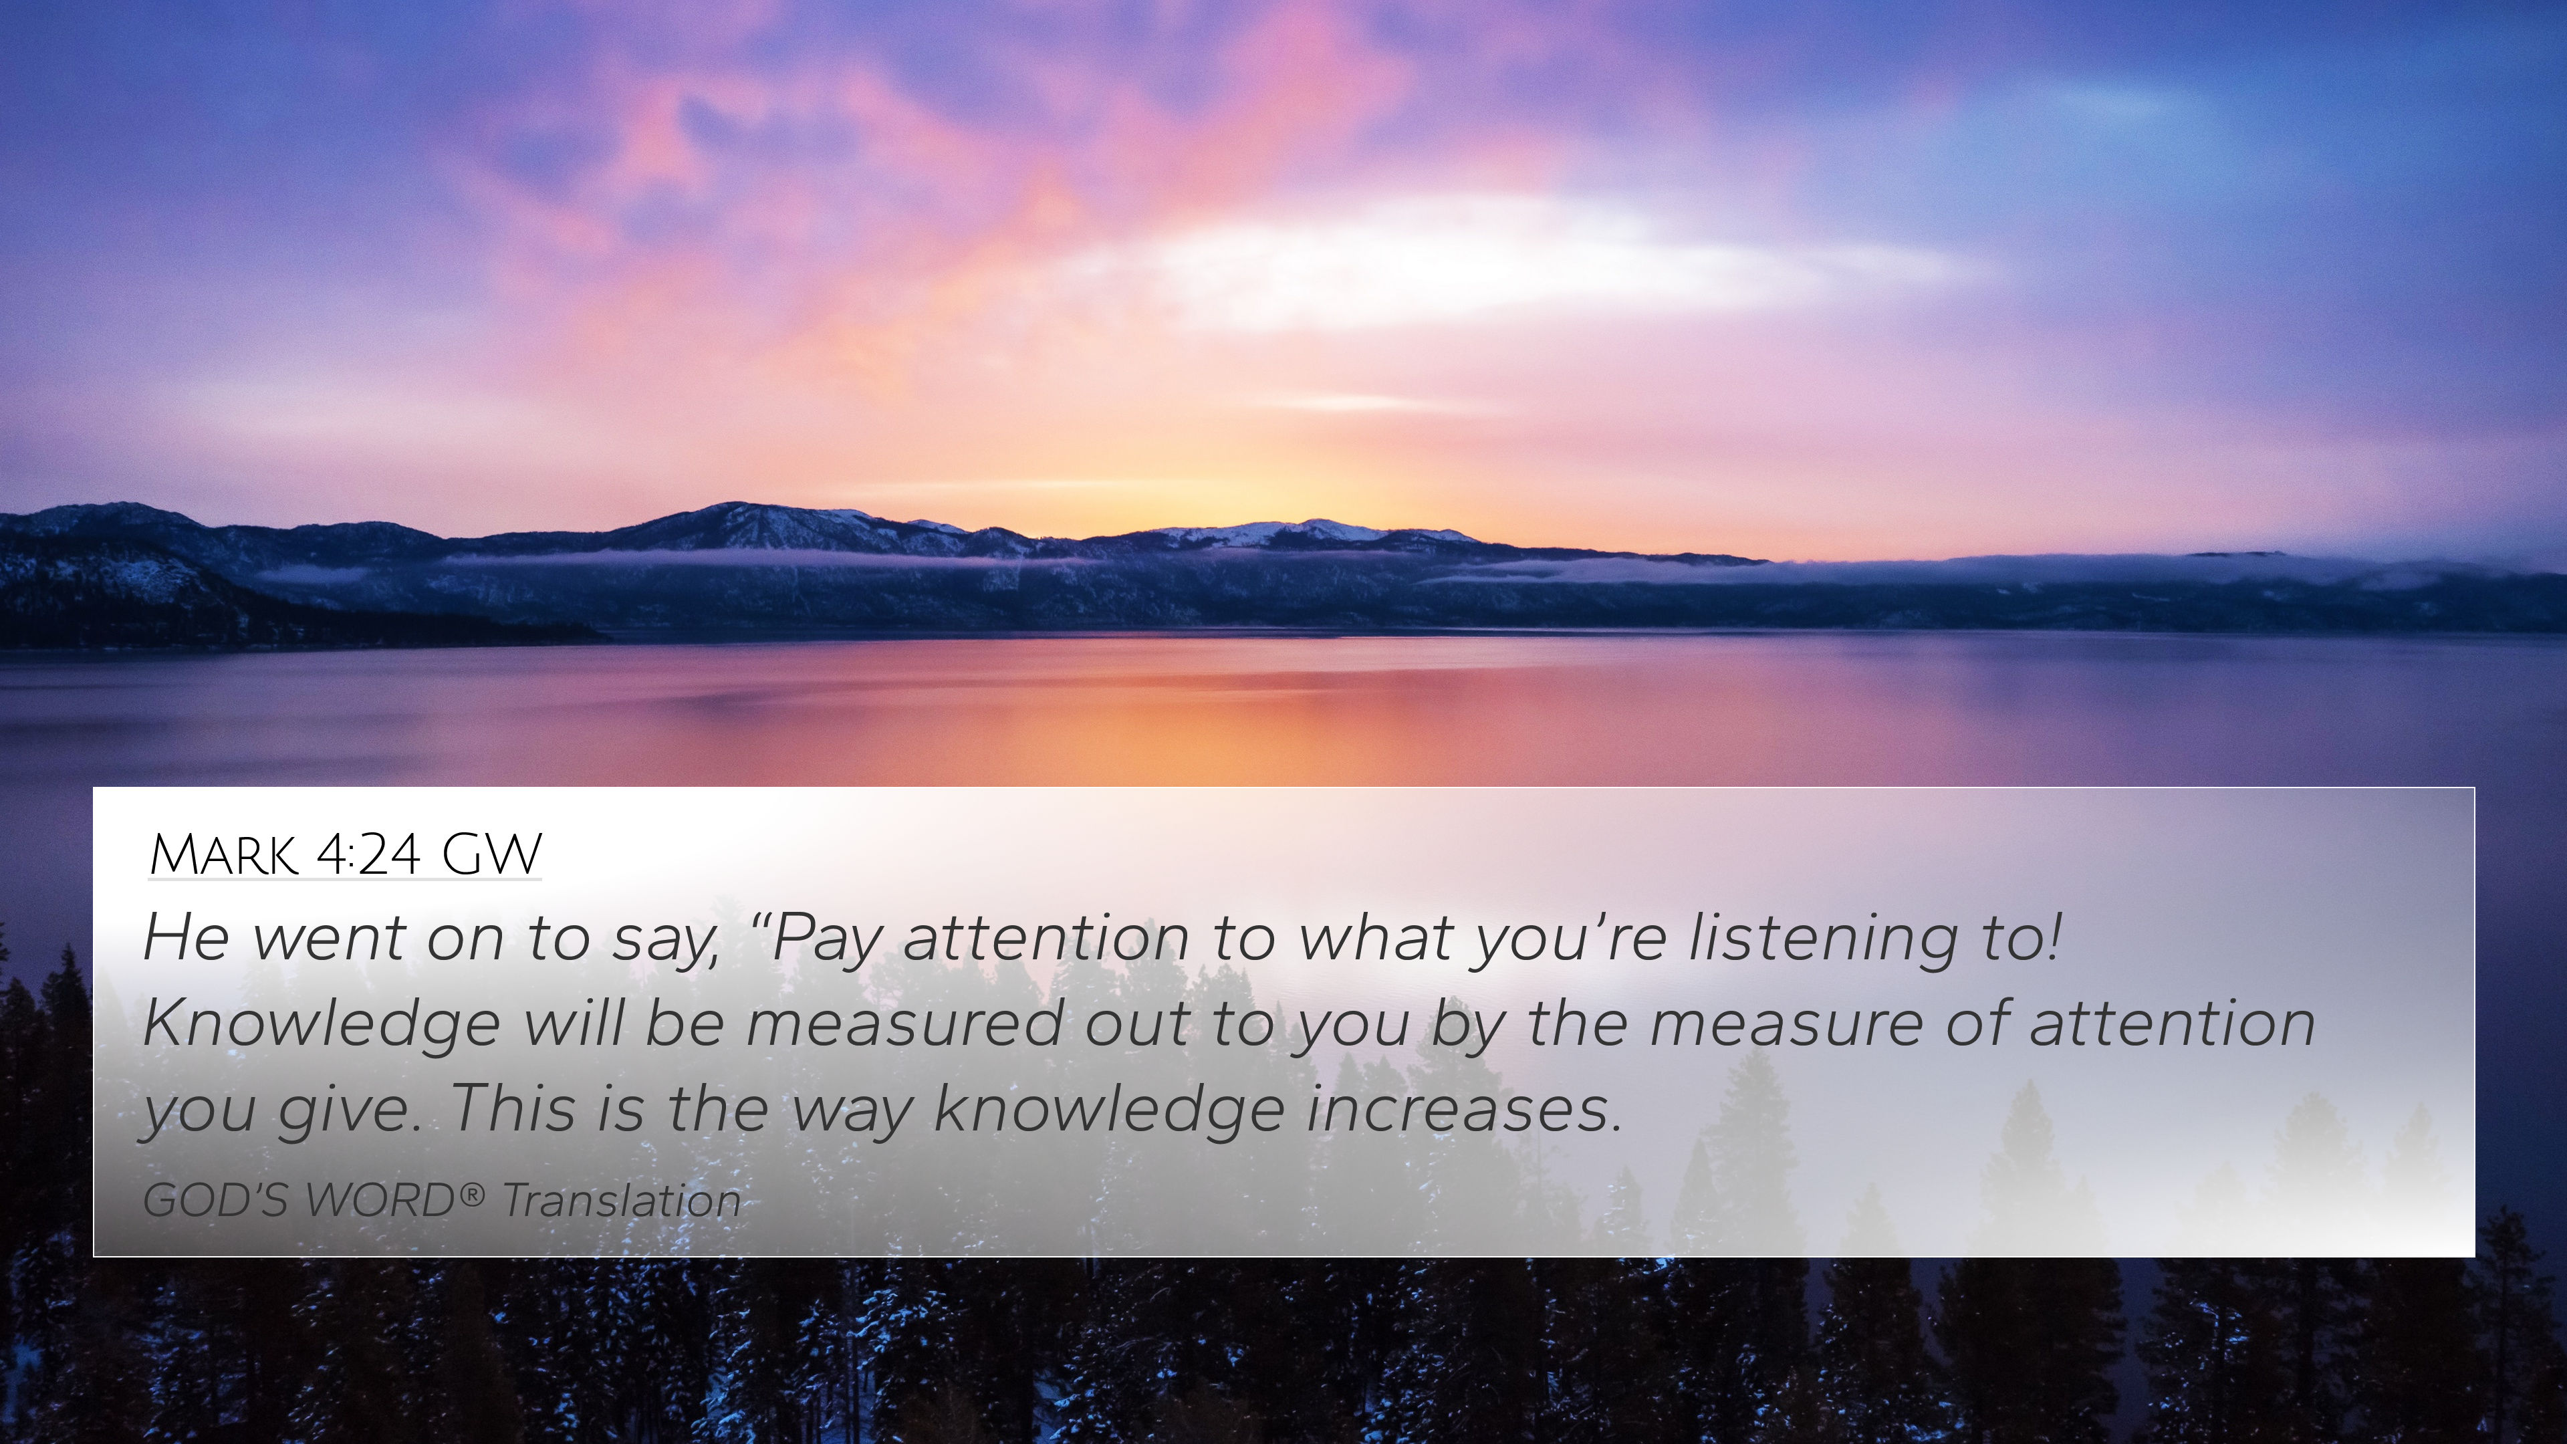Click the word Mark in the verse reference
click(223, 855)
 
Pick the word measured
click(904, 1024)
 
